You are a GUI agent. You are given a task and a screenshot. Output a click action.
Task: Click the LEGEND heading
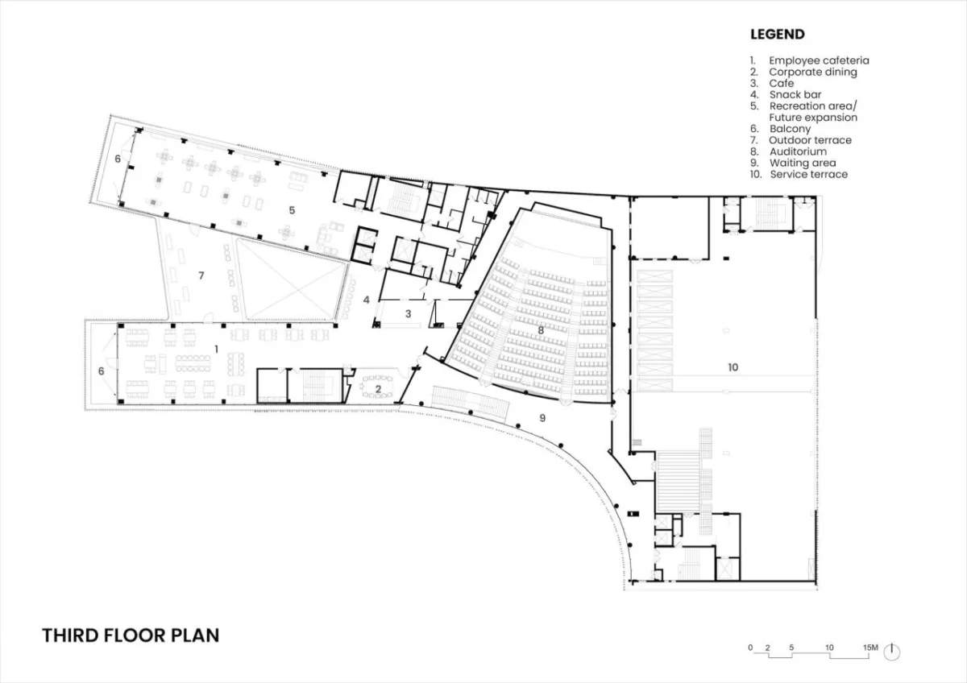[x=777, y=34]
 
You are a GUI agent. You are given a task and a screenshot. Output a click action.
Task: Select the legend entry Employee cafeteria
[x=809, y=60]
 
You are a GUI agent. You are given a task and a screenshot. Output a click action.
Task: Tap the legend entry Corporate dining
[x=803, y=72]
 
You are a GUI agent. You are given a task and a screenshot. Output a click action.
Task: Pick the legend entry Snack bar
[x=786, y=94]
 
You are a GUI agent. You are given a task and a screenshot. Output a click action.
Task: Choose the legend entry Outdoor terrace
[x=801, y=140]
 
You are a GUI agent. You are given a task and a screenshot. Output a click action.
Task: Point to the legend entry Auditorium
[x=788, y=151]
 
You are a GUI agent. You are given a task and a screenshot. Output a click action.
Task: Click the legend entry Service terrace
[x=799, y=174]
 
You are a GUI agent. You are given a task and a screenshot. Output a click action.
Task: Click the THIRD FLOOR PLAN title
[x=131, y=635]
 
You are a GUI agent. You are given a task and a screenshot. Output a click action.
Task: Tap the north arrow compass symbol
[x=891, y=652]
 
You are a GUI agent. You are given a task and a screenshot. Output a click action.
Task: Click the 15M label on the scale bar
[x=870, y=648]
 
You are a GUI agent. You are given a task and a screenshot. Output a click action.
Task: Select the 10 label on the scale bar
[x=829, y=648]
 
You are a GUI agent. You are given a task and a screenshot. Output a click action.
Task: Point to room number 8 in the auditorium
[x=541, y=331]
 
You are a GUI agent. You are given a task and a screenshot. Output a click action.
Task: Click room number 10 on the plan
[x=733, y=367]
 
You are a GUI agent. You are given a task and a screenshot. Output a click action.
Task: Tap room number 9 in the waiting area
[x=542, y=418]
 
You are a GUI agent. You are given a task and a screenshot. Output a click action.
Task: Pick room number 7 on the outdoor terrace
[x=201, y=275]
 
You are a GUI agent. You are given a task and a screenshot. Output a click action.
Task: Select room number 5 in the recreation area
[x=292, y=210]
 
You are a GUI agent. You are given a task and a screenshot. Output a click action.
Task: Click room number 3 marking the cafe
[x=409, y=313]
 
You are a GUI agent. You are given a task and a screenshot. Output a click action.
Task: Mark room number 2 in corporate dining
[x=378, y=389]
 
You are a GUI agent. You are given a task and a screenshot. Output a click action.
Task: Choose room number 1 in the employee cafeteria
[x=216, y=349]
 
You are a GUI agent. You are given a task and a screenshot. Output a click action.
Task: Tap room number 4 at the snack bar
[x=367, y=300]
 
